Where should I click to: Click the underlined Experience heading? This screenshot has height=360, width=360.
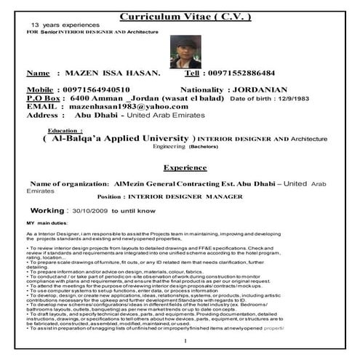185,167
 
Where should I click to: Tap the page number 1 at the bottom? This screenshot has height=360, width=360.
185,341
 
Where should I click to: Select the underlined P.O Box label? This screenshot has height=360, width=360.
44,97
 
